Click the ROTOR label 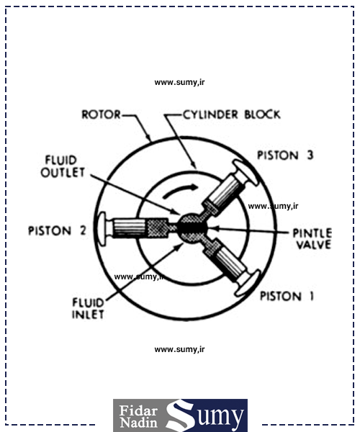click(101, 114)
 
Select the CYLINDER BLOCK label click(232, 114)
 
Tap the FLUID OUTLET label click(63, 166)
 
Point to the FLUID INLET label click(88, 308)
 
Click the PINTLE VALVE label click(312, 239)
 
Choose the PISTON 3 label click(285, 156)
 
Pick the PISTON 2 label click(57, 230)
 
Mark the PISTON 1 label click(287, 296)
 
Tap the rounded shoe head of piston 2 click(102, 229)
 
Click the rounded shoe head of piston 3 click(246, 172)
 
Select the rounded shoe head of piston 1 click(248, 283)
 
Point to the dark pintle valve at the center click(192, 228)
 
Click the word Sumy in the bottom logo click(205, 415)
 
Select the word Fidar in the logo click(138, 410)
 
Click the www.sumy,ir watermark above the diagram click(179, 82)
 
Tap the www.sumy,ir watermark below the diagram click(179, 350)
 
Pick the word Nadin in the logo click(139, 423)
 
